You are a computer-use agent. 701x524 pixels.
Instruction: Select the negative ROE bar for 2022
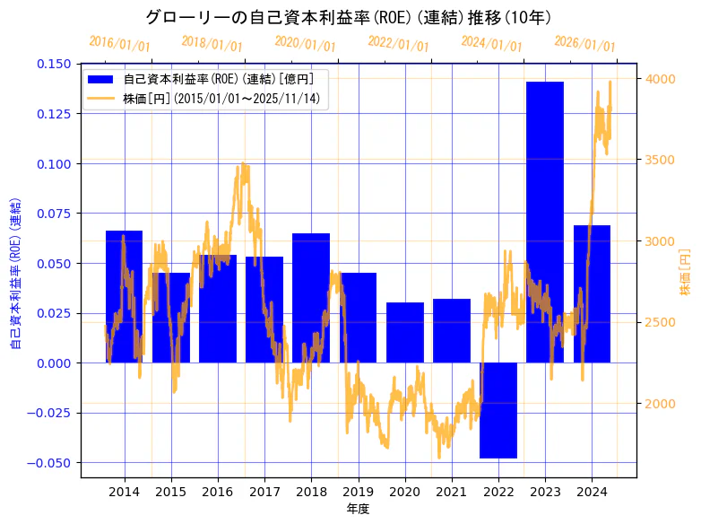pos(498,410)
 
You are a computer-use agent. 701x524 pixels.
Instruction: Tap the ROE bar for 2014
pos(124,296)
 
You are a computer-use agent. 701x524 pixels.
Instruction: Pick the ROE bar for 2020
pos(404,332)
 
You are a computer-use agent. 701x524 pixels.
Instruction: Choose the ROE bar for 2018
pos(311,298)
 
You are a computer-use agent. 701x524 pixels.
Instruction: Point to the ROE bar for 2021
pos(451,330)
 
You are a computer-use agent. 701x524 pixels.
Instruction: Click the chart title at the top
pos(349,18)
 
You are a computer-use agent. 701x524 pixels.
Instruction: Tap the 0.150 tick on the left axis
pos(55,64)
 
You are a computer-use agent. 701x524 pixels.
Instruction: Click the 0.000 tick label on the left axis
pos(55,363)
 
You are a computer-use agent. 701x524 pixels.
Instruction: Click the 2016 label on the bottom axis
pos(218,492)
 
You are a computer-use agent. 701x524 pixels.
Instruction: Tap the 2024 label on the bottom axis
pos(592,492)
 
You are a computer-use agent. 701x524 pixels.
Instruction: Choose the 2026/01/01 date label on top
pos(584,43)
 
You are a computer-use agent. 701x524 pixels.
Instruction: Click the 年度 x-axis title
pos(358,509)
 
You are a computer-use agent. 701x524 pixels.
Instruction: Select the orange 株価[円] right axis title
pos(686,272)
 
